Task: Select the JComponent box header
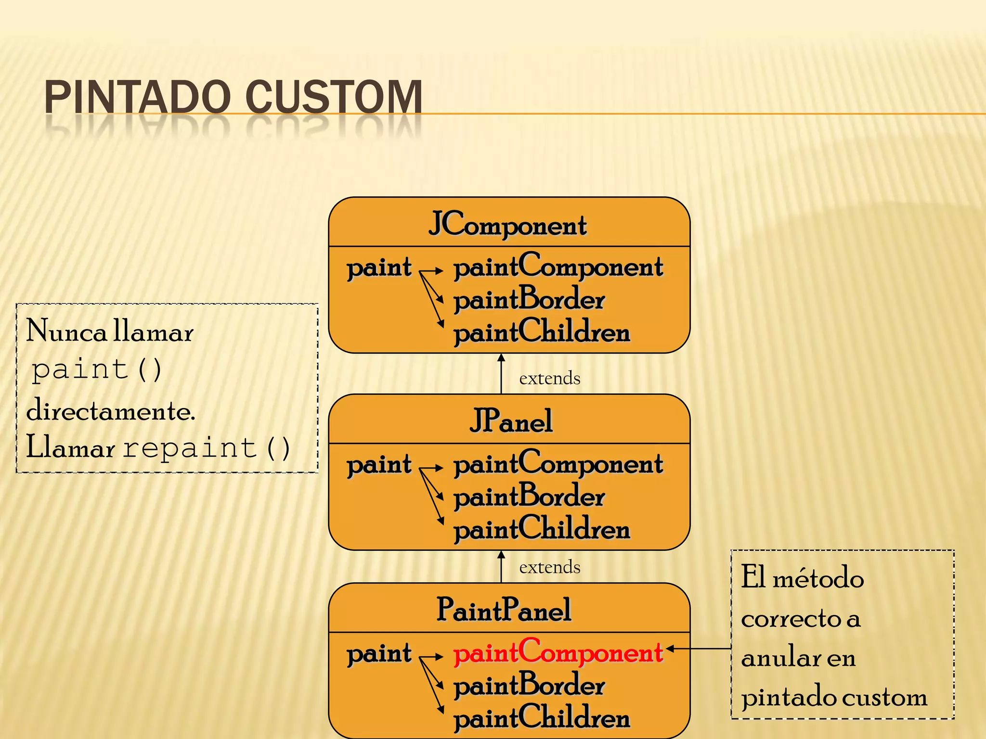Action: pyautogui.click(x=508, y=224)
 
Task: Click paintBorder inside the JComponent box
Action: pyautogui.click(x=529, y=300)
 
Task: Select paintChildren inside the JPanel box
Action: pyautogui.click(x=542, y=529)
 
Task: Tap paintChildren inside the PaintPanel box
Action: pyautogui.click(x=542, y=718)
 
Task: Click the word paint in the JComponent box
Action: pyautogui.click(x=379, y=268)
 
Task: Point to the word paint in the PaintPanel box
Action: pyautogui.click(x=379, y=654)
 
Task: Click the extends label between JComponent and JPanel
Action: pyautogui.click(x=549, y=378)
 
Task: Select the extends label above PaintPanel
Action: pyautogui.click(x=549, y=567)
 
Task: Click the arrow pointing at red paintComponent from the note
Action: pyautogui.click(x=698, y=649)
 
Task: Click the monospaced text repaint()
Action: pyautogui.click(x=206, y=448)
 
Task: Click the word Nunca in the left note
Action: pyautogui.click(x=66, y=331)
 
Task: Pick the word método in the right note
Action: pyautogui.click(x=818, y=578)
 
